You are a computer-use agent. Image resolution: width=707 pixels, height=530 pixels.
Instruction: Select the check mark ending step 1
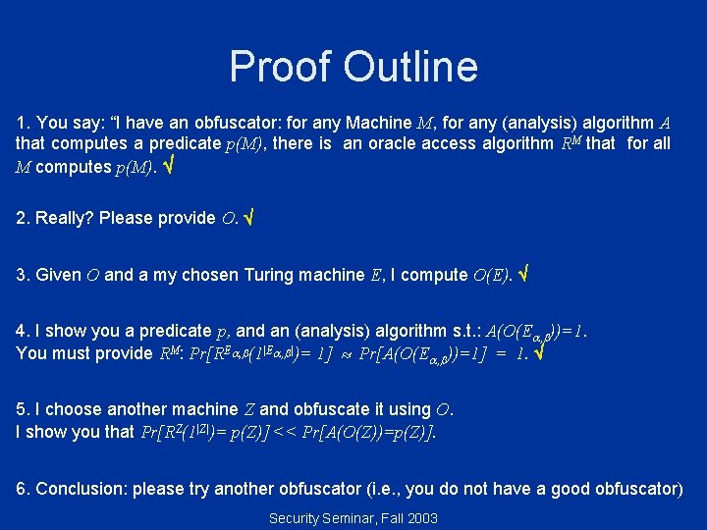(x=169, y=167)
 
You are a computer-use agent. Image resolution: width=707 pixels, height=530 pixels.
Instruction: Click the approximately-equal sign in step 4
(x=346, y=353)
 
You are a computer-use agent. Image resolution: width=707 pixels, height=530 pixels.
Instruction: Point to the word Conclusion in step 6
(x=82, y=489)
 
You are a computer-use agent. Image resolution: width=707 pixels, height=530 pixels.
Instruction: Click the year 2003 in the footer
(x=421, y=517)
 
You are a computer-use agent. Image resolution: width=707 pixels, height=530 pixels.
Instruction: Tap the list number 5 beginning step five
(x=22, y=409)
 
